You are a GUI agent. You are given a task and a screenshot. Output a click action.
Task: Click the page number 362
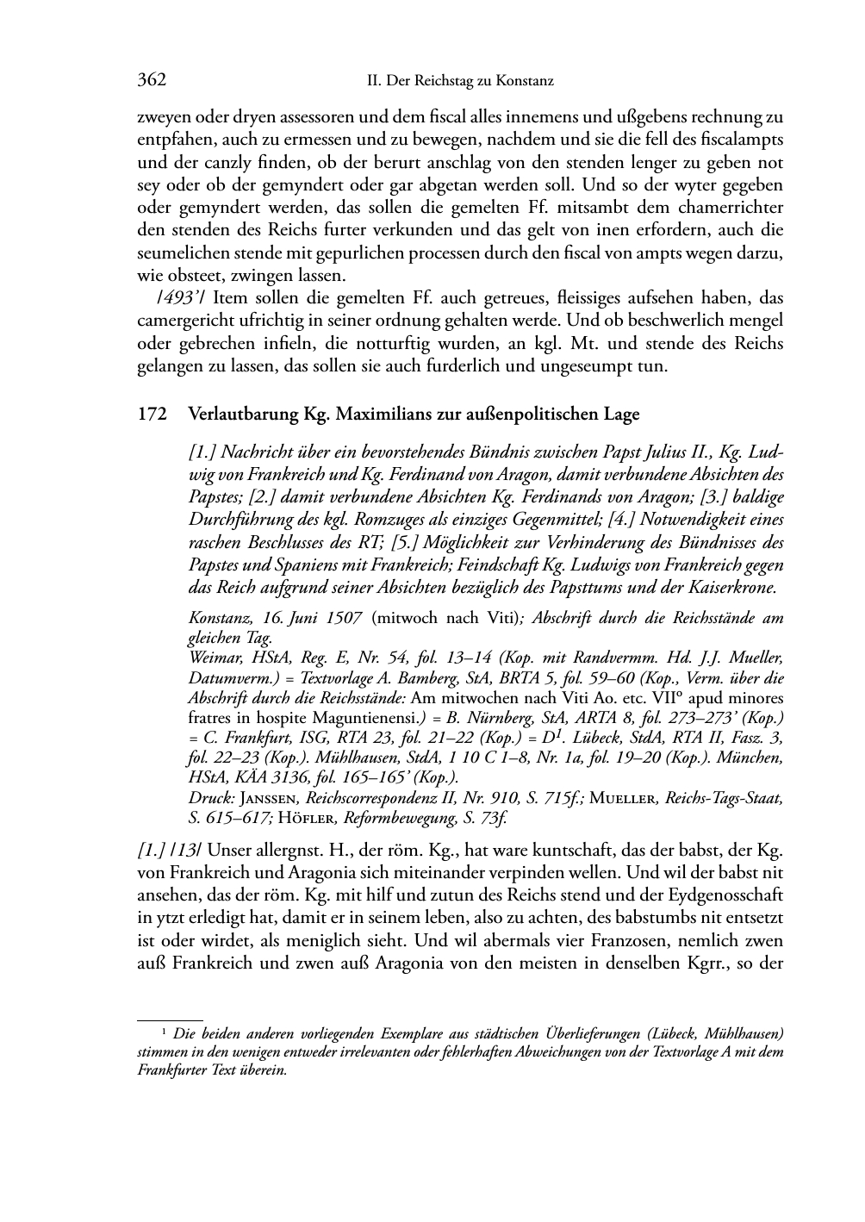151,81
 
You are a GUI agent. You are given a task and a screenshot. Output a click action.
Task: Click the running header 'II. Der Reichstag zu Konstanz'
460,82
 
